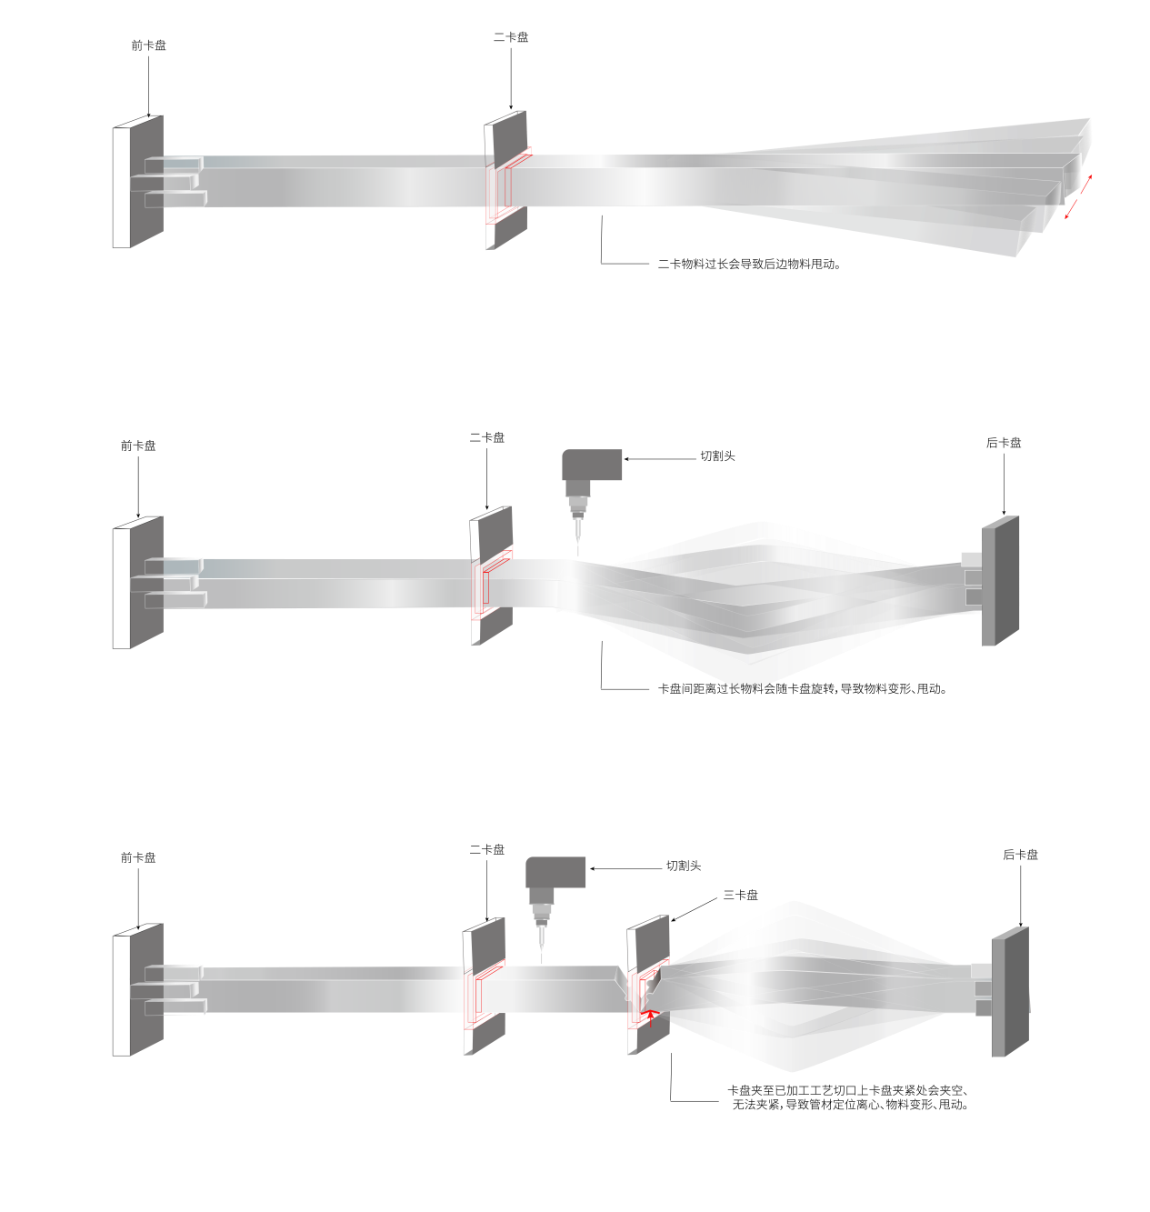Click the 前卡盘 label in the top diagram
point(148,45)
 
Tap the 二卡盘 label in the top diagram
point(511,37)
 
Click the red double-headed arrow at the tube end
point(1078,196)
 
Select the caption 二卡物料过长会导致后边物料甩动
point(749,265)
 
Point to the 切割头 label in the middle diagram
point(717,456)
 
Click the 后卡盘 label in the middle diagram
point(1004,443)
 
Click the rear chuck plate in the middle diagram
point(999,581)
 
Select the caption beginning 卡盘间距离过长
point(802,688)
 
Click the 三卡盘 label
point(741,895)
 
